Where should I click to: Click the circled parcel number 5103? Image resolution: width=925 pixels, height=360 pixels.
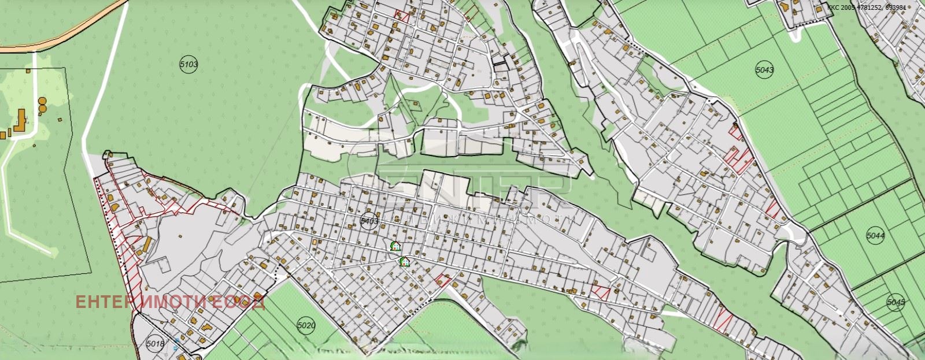189,65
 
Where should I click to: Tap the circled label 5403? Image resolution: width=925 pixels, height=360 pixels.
368,221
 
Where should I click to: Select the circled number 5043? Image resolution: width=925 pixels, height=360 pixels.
764,70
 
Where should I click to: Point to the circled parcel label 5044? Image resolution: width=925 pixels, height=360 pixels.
876,236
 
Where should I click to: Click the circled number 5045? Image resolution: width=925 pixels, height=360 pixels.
895,302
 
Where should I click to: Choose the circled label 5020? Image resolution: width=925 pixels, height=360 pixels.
306,325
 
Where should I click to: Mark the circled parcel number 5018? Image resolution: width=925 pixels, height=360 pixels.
156,344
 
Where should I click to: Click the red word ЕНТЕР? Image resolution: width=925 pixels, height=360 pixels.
102,302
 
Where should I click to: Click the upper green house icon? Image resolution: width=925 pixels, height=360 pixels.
395,246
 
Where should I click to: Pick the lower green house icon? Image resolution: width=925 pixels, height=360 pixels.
405,262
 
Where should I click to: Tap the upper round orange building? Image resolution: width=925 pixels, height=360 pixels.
42,101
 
